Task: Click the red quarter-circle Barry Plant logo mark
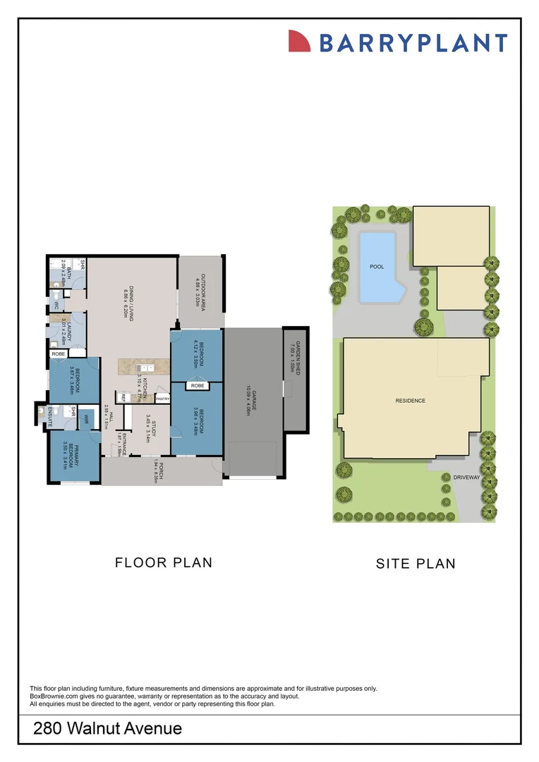click(300, 42)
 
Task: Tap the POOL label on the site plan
click(377, 267)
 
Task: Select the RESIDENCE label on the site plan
click(410, 401)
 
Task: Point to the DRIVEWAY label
click(466, 478)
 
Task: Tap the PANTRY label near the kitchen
click(162, 399)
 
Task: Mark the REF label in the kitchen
click(123, 398)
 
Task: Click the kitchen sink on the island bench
click(145, 368)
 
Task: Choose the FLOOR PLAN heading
click(164, 562)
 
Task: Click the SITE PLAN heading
click(416, 564)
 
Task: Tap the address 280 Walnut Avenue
click(107, 728)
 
